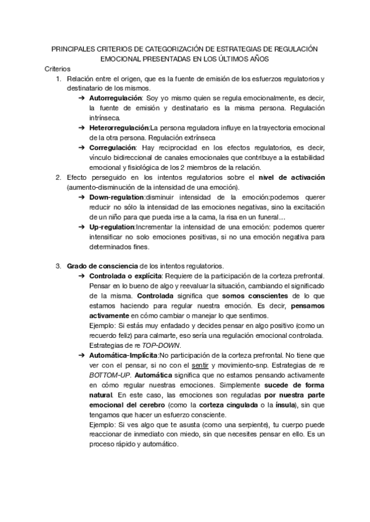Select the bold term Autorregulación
pos(115,98)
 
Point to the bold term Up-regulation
pos(112,227)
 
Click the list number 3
pos(58,266)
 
